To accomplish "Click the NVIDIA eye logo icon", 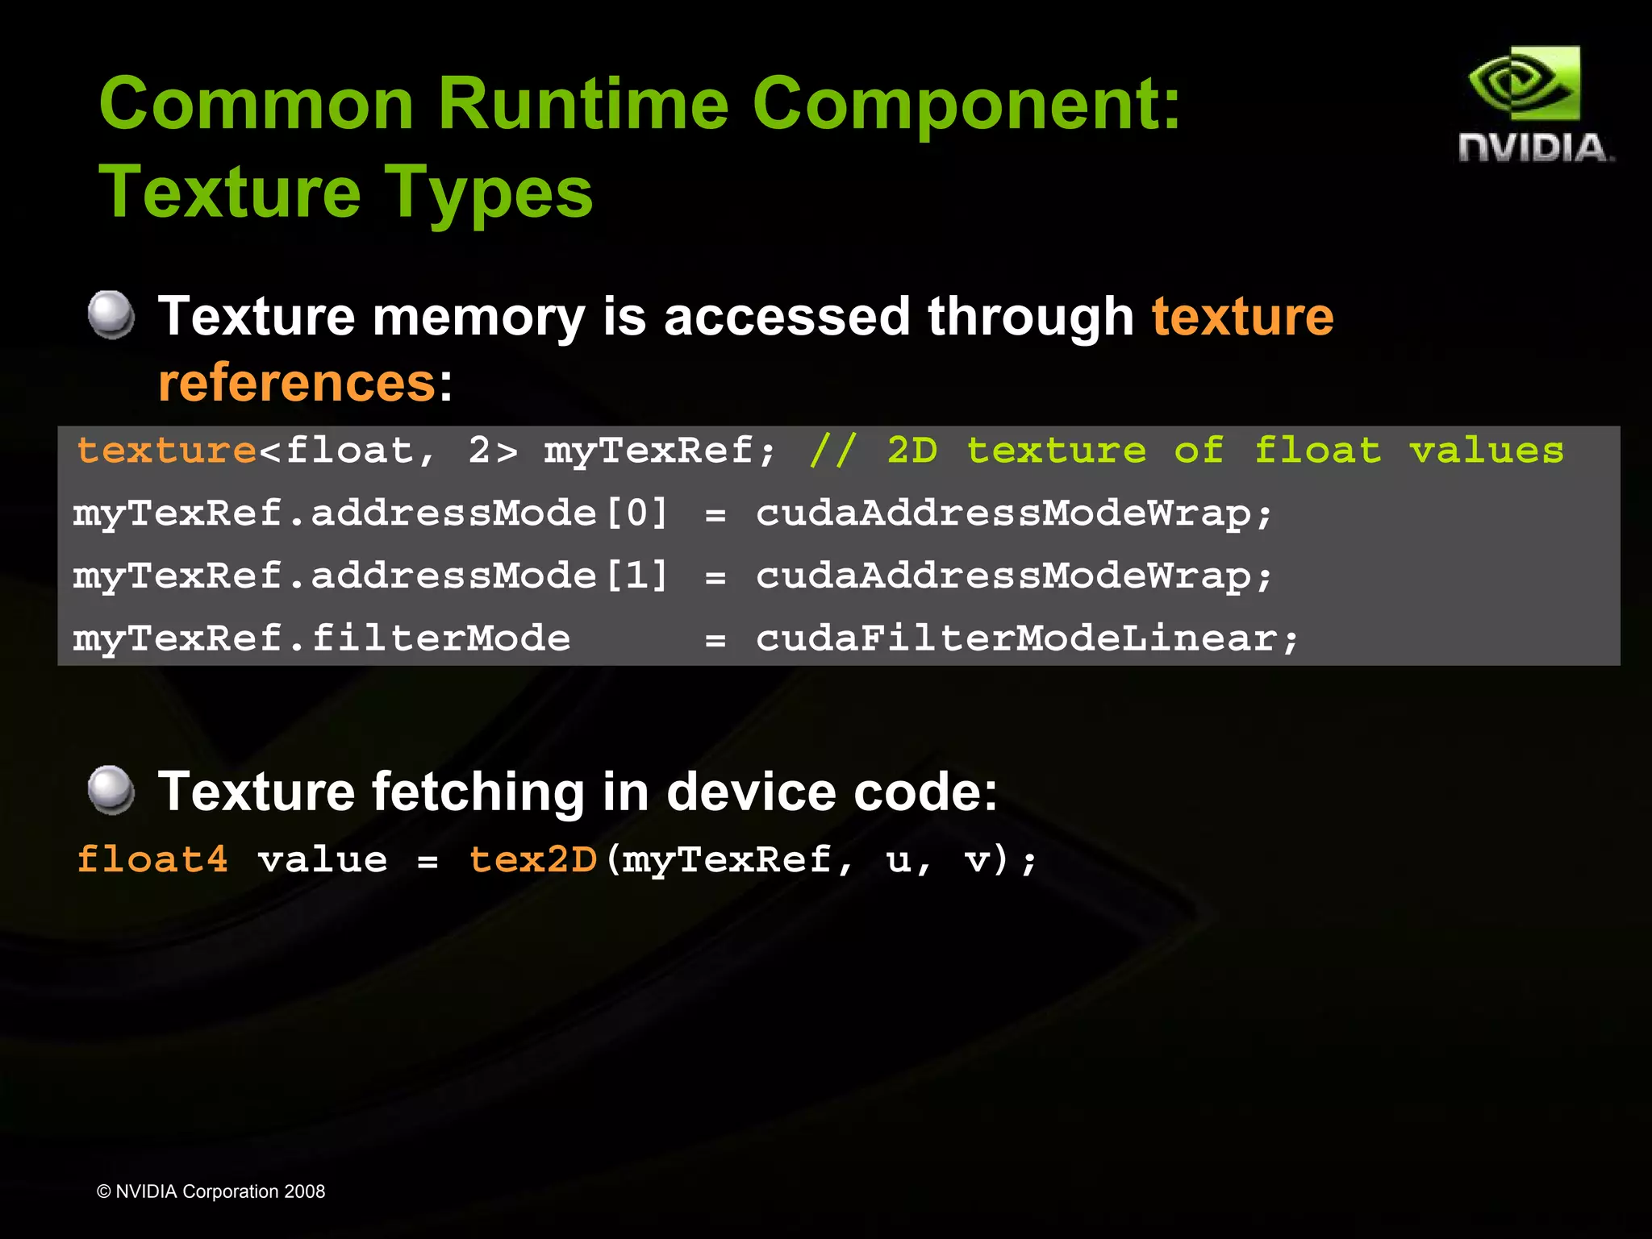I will pos(1524,84).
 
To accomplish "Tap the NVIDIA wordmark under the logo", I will pos(1535,148).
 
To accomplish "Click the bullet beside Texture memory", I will pos(111,314).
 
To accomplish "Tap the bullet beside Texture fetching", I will pos(111,789).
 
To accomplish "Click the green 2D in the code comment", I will pos(912,450).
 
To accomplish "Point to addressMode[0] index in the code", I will pos(637,513).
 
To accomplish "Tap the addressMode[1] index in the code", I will pos(637,576).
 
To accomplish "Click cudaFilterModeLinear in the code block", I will pos(1026,638).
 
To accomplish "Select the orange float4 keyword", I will pos(152,859).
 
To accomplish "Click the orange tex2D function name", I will pos(533,859).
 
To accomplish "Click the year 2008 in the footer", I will pos(304,1191).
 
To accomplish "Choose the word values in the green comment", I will pos(1486,450).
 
